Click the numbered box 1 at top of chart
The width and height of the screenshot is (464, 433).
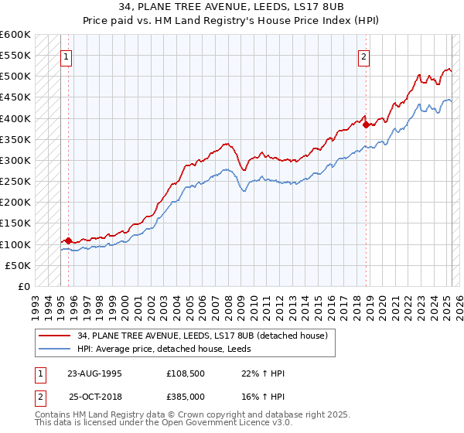click(67, 56)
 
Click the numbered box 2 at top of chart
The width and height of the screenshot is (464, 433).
click(363, 56)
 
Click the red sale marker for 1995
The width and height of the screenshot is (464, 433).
click(68, 240)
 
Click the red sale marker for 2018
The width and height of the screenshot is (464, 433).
click(366, 122)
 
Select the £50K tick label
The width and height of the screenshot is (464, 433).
click(19, 265)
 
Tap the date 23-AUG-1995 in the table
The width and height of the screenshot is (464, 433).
click(95, 373)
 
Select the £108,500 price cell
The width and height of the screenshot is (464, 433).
click(186, 373)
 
